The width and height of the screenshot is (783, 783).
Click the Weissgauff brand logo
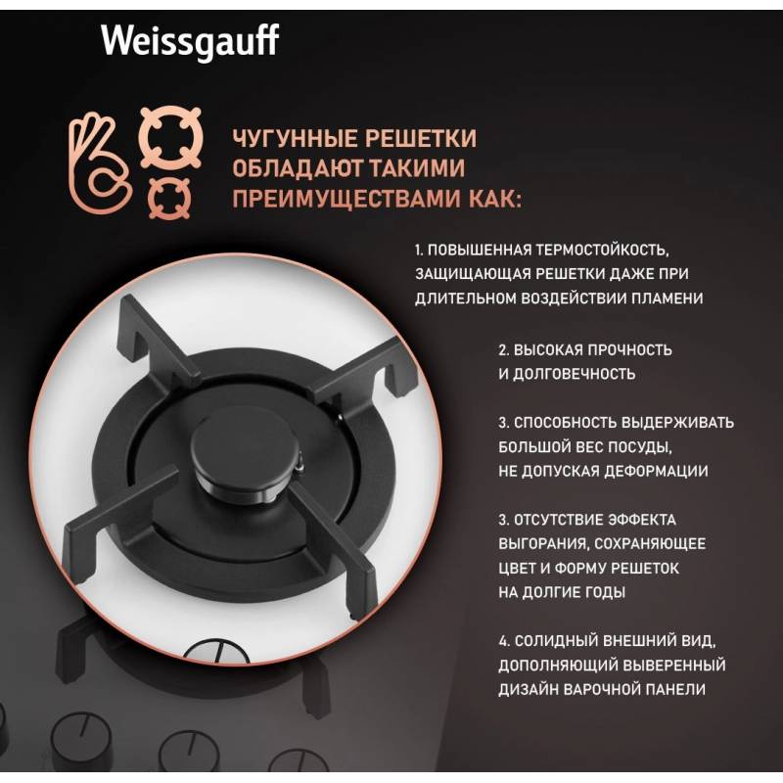coord(190,41)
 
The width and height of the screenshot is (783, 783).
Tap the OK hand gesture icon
coord(100,163)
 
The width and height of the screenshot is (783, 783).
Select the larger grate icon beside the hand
coord(170,137)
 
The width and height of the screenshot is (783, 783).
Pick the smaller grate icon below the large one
coord(169,199)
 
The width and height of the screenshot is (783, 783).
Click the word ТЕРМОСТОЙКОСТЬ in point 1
coord(602,250)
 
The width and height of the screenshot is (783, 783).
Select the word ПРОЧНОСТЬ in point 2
coord(629,349)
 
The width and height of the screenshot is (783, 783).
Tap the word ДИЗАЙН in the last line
coord(528,689)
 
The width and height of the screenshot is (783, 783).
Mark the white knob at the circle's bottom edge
coord(216,651)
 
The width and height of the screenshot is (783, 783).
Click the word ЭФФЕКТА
coord(642,520)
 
